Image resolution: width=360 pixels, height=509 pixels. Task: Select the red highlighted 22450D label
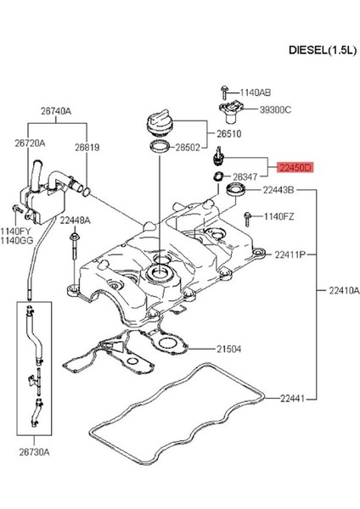click(x=296, y=170)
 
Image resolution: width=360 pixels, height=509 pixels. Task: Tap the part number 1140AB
click(x=255, y=92)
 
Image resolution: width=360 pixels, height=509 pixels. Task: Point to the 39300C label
click(x=273, y=109)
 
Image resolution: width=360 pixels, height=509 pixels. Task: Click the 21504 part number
click(x=229, y=349)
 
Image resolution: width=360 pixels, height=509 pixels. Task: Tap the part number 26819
click(x=85, y=148)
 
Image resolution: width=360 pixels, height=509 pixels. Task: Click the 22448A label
click(x=75, y=220)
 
